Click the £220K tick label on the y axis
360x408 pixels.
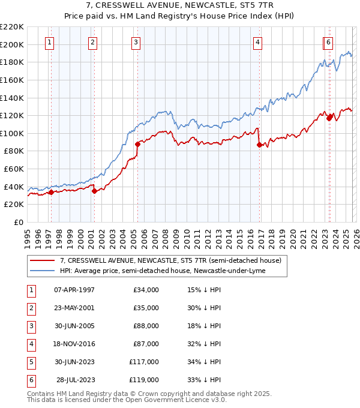coord(12,27)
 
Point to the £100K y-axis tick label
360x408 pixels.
coord(12,133)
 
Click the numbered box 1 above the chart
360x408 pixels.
coord(49,42)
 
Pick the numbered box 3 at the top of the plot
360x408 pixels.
coord(136,42)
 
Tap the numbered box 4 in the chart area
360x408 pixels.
coord(257,42)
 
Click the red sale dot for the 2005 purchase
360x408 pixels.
coord(137,144)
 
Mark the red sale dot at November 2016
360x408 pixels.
coord(259,145)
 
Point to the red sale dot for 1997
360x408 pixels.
coord(51,192)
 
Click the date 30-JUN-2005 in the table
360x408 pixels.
coord(74,326)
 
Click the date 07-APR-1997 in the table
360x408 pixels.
coord(74,290)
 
